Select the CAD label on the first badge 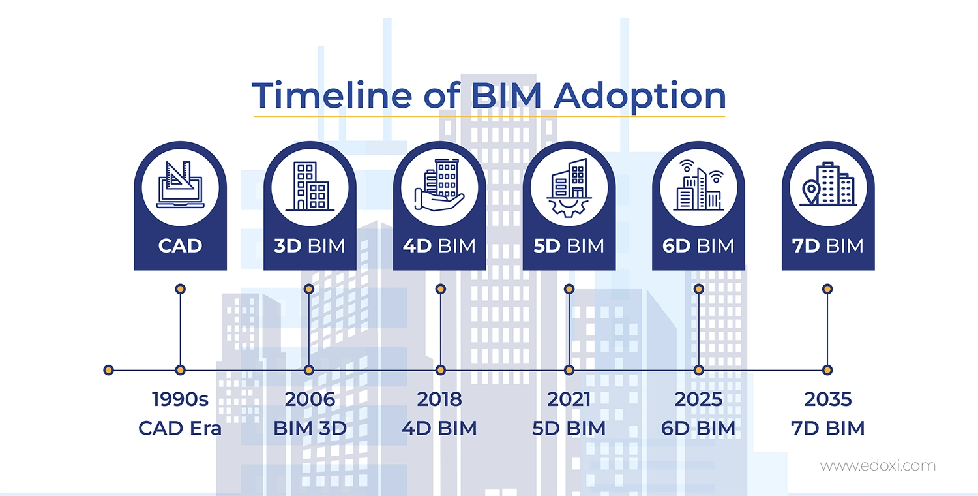pyautogui.click(x=181, y=246)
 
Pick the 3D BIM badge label pyautogui.click(x=310, y=246)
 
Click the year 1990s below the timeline pyautogui.click(x=180, y=399)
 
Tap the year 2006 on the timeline pyautogui.click(x=310, y=399)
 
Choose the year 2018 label pyautogui.click(x=439, y=399)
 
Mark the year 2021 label pyautogui.click(x=569, y=399)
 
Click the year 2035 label pyautogui.click(x=827, y=399)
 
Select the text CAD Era pyautogui.click(x=180, y=429)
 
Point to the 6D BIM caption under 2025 pyautogui.click(x=698, y=429)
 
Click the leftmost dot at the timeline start pyautogui.click(x=109, y=370)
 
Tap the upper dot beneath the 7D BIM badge pyautogui.click(x=827, y=288)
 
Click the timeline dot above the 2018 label pyautogui.click(x=441, y=370)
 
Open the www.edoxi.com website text pyautogui.click(x=877, y=466)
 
